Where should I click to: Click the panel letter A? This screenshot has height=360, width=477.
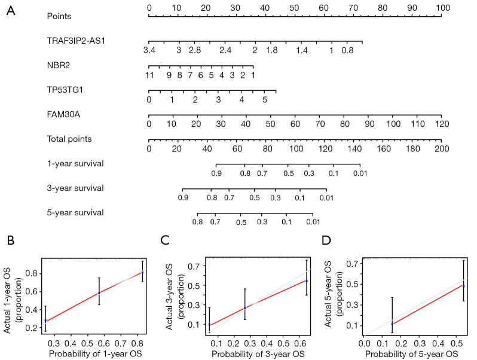[x=11, y=11]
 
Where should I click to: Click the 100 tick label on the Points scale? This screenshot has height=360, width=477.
[x=441, y=7]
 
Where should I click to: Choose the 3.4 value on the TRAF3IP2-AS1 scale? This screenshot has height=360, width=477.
[x=149, y=51]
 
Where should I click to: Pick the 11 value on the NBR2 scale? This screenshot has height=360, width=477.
[x=149, y=75]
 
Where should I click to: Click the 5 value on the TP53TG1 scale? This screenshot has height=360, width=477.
[x=264, y=100]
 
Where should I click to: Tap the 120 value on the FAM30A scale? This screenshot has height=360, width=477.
[x=441, y=124]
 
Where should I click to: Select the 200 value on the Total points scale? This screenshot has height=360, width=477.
[x=441, y=148]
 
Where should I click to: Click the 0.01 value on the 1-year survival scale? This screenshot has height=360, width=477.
[x=359, y=173]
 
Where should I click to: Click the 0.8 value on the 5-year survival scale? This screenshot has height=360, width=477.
[x=197, y=222]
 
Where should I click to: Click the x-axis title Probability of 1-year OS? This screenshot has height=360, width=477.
[x=94, y=353]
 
